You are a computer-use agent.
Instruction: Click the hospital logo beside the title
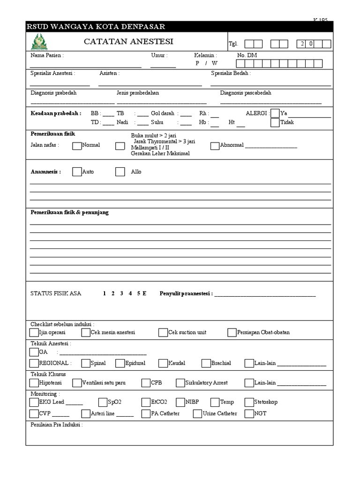click(39, 42)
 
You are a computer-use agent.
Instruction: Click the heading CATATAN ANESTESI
click(128, 42)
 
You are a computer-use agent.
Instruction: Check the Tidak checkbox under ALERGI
click(275, 122)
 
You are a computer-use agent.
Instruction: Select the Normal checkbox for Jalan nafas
click(77, 145)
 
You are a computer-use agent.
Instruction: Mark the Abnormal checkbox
click(215, 145)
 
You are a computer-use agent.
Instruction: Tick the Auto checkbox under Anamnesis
click(77, 172)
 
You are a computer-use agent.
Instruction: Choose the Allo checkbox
click(120, 172)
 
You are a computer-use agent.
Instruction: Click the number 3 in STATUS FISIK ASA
click(121, 293)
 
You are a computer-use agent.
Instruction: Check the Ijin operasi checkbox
click(34, 332)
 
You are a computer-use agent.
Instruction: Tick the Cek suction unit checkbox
click(163, 332)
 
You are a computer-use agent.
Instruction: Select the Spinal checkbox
click(85, 363)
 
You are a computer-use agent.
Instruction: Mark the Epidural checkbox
click(119, 363)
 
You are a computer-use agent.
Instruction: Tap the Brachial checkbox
click(206, 363)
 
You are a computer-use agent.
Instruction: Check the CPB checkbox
click(146, 382)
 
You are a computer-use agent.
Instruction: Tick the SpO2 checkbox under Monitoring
click(103, 402)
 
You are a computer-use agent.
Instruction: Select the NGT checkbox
click(249, 413)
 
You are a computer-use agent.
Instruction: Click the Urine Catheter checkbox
click(197, 413)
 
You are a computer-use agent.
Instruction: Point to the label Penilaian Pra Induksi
click(56, 425)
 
